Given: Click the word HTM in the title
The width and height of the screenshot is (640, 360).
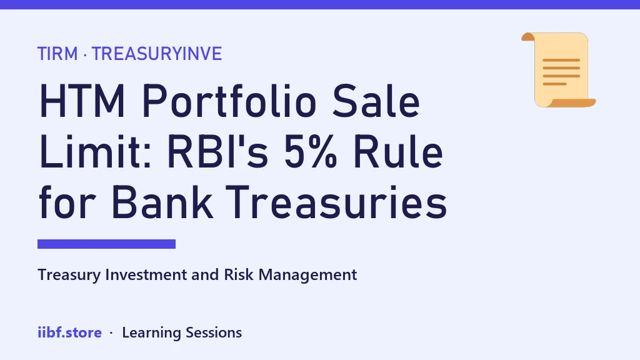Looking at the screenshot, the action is tap(82, 101).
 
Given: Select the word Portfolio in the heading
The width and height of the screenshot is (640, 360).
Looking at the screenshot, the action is tap(229, 101).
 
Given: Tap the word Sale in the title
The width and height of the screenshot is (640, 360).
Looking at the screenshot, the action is tap(376, 101).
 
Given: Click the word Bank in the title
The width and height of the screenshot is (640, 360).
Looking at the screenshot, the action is tap(162, 202).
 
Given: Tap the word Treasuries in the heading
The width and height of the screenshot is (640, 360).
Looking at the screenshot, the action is tap(336, 202).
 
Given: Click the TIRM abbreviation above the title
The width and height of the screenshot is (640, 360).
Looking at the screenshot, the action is tap(57, 54).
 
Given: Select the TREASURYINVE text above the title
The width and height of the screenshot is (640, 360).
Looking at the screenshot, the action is tap(157, 54).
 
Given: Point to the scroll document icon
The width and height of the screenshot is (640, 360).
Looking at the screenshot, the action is tap(558, 70).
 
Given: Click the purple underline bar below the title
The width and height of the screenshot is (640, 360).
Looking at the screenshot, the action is tap(106, 244).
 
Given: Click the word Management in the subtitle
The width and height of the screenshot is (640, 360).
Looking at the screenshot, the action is tap(307, 276).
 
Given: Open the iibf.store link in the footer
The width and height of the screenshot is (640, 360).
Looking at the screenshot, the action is tap(70, 332).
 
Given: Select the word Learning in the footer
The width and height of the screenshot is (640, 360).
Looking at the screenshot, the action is tap(151, 333).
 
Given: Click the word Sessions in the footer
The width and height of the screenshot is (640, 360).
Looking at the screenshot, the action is tap(214, 332).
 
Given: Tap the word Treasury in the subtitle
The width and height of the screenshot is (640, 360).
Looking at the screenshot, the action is tap(69, 276).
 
